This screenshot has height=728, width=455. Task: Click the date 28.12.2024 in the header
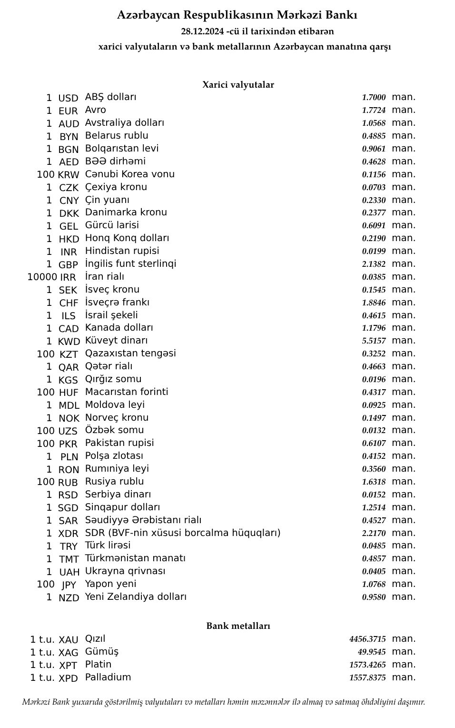pos(202,31)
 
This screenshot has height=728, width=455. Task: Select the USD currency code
pos(68,98)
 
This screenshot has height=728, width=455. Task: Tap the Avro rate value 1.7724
pos(374,110)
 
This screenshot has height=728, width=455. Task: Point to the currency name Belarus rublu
pos(117,135)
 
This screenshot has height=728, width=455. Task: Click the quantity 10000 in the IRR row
pos(42,277)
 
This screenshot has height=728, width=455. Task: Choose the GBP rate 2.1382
pos(374,264)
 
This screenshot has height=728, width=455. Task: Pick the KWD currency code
pos(69,341)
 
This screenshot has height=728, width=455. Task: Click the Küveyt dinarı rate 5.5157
pos(374,341)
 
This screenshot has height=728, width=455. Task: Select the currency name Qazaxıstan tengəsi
pos(130,353)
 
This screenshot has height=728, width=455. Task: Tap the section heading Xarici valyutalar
pos(238,85)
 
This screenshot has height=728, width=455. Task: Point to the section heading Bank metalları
pos(238,626)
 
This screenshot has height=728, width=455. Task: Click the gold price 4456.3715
pos(367,639)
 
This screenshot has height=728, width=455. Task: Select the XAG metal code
pos(68,653)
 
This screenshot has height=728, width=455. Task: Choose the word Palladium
pos(108,677)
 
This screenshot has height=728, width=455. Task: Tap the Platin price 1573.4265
pos(367,665)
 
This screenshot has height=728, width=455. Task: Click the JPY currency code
pos(69,585)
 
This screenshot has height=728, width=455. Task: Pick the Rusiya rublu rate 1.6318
pos(374,482)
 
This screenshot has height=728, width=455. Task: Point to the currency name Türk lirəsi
pos(108,545)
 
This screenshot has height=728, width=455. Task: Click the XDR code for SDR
pos(69,534)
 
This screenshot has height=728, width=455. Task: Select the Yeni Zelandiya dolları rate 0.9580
pos(374,597)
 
